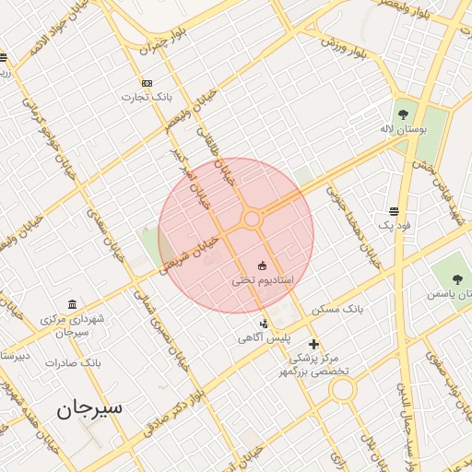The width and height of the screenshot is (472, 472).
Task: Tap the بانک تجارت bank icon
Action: [147, 82]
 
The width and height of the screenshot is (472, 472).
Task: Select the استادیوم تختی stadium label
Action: [261, 278]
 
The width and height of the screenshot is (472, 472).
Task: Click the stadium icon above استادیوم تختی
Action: [265, 265]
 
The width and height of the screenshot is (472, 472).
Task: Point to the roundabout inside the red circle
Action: [252, 218]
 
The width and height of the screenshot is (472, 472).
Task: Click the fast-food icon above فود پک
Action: [395, 210]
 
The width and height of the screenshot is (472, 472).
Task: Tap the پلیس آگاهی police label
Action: [265, 338]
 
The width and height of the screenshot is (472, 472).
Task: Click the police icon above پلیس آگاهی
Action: [265, 324]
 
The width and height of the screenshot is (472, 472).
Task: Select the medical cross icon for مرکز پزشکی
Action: [313, 344]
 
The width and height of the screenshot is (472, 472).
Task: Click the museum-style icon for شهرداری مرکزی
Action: [72, 305]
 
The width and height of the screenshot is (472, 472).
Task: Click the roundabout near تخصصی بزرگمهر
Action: [343, 390]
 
